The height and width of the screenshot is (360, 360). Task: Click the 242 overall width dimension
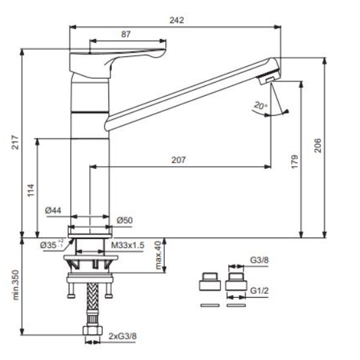[x=177, y=21]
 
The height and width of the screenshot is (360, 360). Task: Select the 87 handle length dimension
[x=126, y=34]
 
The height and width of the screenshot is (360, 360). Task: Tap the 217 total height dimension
[x=15, y=142]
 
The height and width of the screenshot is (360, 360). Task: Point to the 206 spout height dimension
[x=318, y=146]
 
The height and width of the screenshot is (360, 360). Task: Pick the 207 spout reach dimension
[x=179, y=159]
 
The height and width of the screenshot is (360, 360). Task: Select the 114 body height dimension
[x=30, y=190]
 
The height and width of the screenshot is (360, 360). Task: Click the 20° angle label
[x=261, y=106]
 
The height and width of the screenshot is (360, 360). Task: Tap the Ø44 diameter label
[x=53, y=210]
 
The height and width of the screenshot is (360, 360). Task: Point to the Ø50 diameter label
[x=124, y=220]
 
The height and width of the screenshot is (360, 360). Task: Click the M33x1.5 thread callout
[x=128, y=246]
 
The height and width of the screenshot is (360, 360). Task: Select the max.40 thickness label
[x=158, y=255]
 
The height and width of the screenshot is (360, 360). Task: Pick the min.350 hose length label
[x=15, y=285]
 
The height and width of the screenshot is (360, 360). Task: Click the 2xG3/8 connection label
[x=122, y=336]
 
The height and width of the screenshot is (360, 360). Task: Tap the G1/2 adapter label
[x=259, y=291]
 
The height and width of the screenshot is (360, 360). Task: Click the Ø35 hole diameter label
[x=52, y=245]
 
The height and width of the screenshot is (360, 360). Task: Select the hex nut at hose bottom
[x=93, y=330]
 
